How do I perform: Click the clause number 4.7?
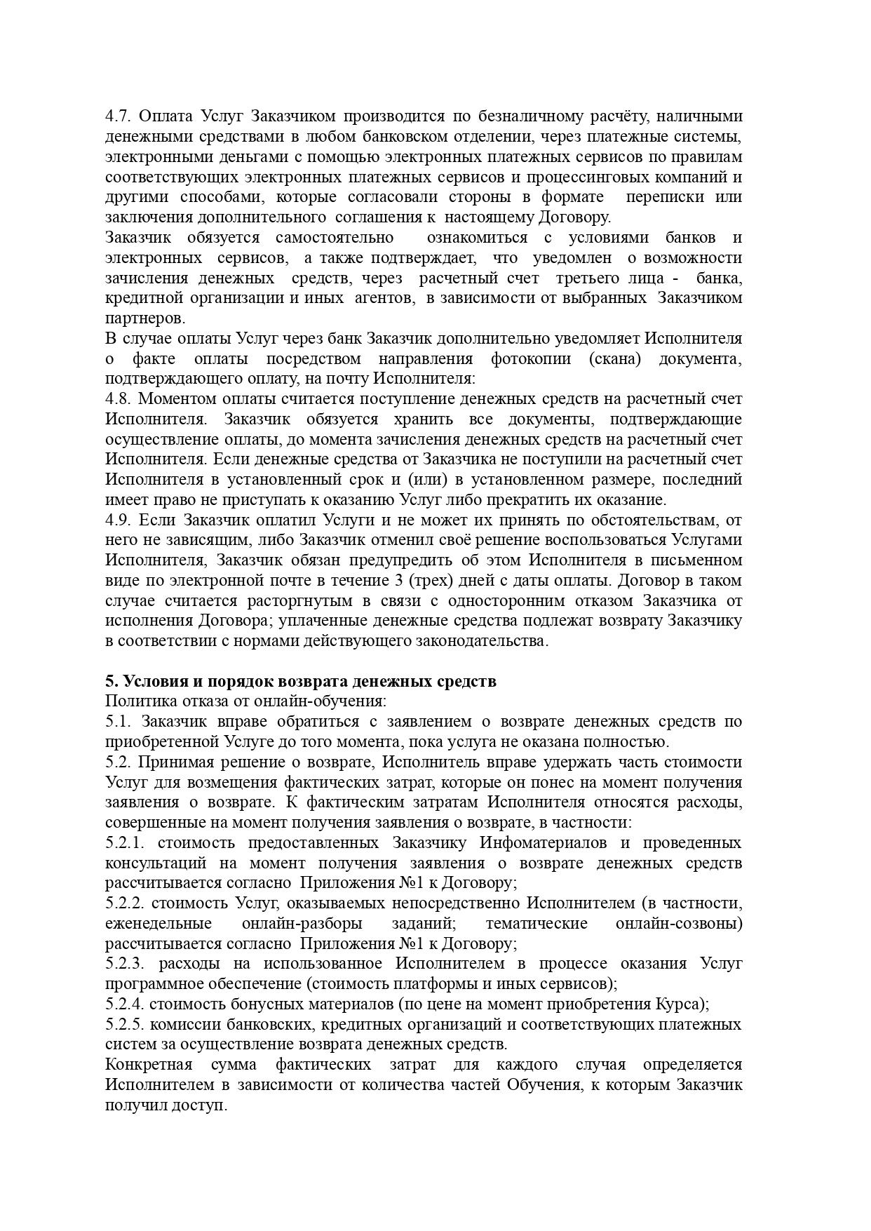116,116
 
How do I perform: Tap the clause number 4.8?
116,399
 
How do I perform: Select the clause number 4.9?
116,520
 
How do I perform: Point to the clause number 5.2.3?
125,964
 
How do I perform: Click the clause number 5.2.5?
125,1025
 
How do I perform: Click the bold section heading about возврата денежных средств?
301,681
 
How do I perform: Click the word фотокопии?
534,359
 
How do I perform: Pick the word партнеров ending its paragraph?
144,318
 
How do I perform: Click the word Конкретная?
149,1065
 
